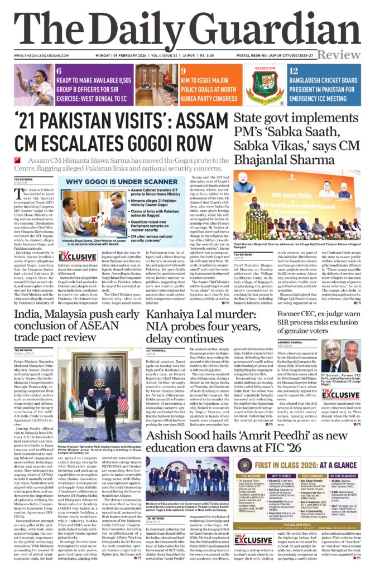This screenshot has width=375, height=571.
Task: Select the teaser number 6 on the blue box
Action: click(59, 71)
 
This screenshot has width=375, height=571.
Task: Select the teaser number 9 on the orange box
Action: click(183, 71)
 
